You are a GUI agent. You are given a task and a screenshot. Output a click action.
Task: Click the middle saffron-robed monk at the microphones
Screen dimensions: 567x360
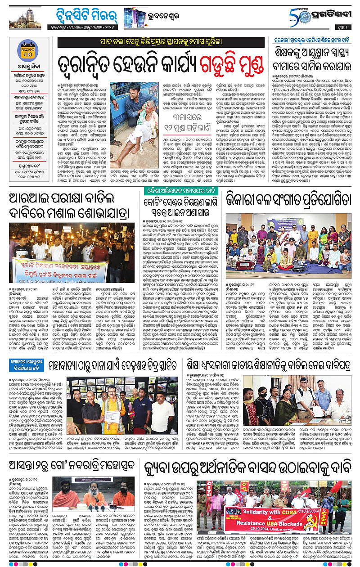tap(94, 494)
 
